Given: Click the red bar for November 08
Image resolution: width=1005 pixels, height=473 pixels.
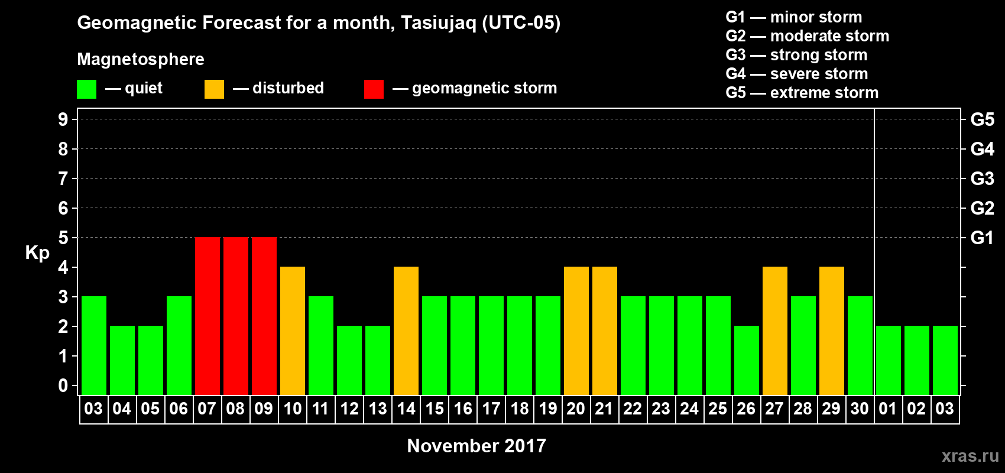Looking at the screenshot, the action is pyautogui.click(x=235, y=316).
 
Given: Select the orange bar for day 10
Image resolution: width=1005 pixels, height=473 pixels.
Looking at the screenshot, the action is pyautogui.click(x=293, y=331).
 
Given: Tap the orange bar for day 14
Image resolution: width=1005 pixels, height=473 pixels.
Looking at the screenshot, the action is pyautogui.click(x=406, y=331).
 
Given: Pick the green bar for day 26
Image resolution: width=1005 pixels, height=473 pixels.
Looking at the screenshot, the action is pyautogui.click(x=747, y=360).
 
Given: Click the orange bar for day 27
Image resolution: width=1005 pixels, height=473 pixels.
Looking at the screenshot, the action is pyautogui.click(x=775, y=331).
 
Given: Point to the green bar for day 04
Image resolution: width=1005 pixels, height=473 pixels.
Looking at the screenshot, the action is pyautogui.click(x=122, y=360).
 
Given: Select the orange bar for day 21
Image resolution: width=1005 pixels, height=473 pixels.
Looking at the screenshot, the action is pyautogui.click(x=605, y=331).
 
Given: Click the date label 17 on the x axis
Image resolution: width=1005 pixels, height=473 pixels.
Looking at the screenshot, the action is pyautogui.click(x=491, y=409).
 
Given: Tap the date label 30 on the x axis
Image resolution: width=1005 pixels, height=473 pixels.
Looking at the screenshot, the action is pyautogui.click(x=860, y=409).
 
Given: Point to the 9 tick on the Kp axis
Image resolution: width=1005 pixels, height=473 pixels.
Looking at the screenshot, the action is pyautogui.click(x=63, y=119).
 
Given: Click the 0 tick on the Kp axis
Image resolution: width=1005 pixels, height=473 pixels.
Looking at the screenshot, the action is pyautogui.click(x=63, y=385).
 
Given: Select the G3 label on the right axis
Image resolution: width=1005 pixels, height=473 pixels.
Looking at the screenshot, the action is pyautogui.click(x=983, y=179).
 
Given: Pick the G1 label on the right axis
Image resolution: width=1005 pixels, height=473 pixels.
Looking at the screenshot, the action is pyautogui.click(x=983, y=238).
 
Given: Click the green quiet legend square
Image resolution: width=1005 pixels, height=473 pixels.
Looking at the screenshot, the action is pyautogui.click(x=86, y=89).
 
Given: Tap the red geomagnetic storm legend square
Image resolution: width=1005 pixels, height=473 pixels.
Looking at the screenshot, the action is pyautogui.click(x=374, y=89).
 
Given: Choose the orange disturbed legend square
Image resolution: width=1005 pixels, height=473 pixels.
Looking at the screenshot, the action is pyautogui.click(x=214, y=89).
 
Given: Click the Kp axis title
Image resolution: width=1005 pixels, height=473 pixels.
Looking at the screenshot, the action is pyautogui.click(x=37, y=253).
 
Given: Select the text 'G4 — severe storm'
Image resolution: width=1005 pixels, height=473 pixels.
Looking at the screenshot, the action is pyautogui.click(x=797, y=73).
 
